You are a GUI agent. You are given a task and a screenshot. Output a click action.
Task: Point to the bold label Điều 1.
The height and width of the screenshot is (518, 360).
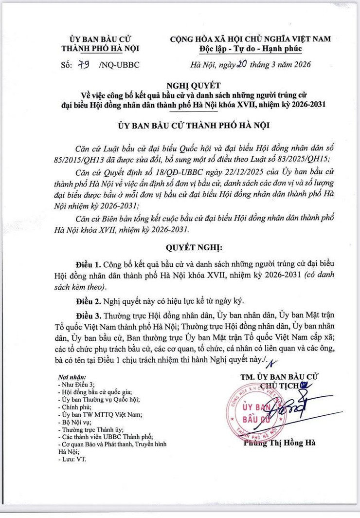(88, 264)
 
